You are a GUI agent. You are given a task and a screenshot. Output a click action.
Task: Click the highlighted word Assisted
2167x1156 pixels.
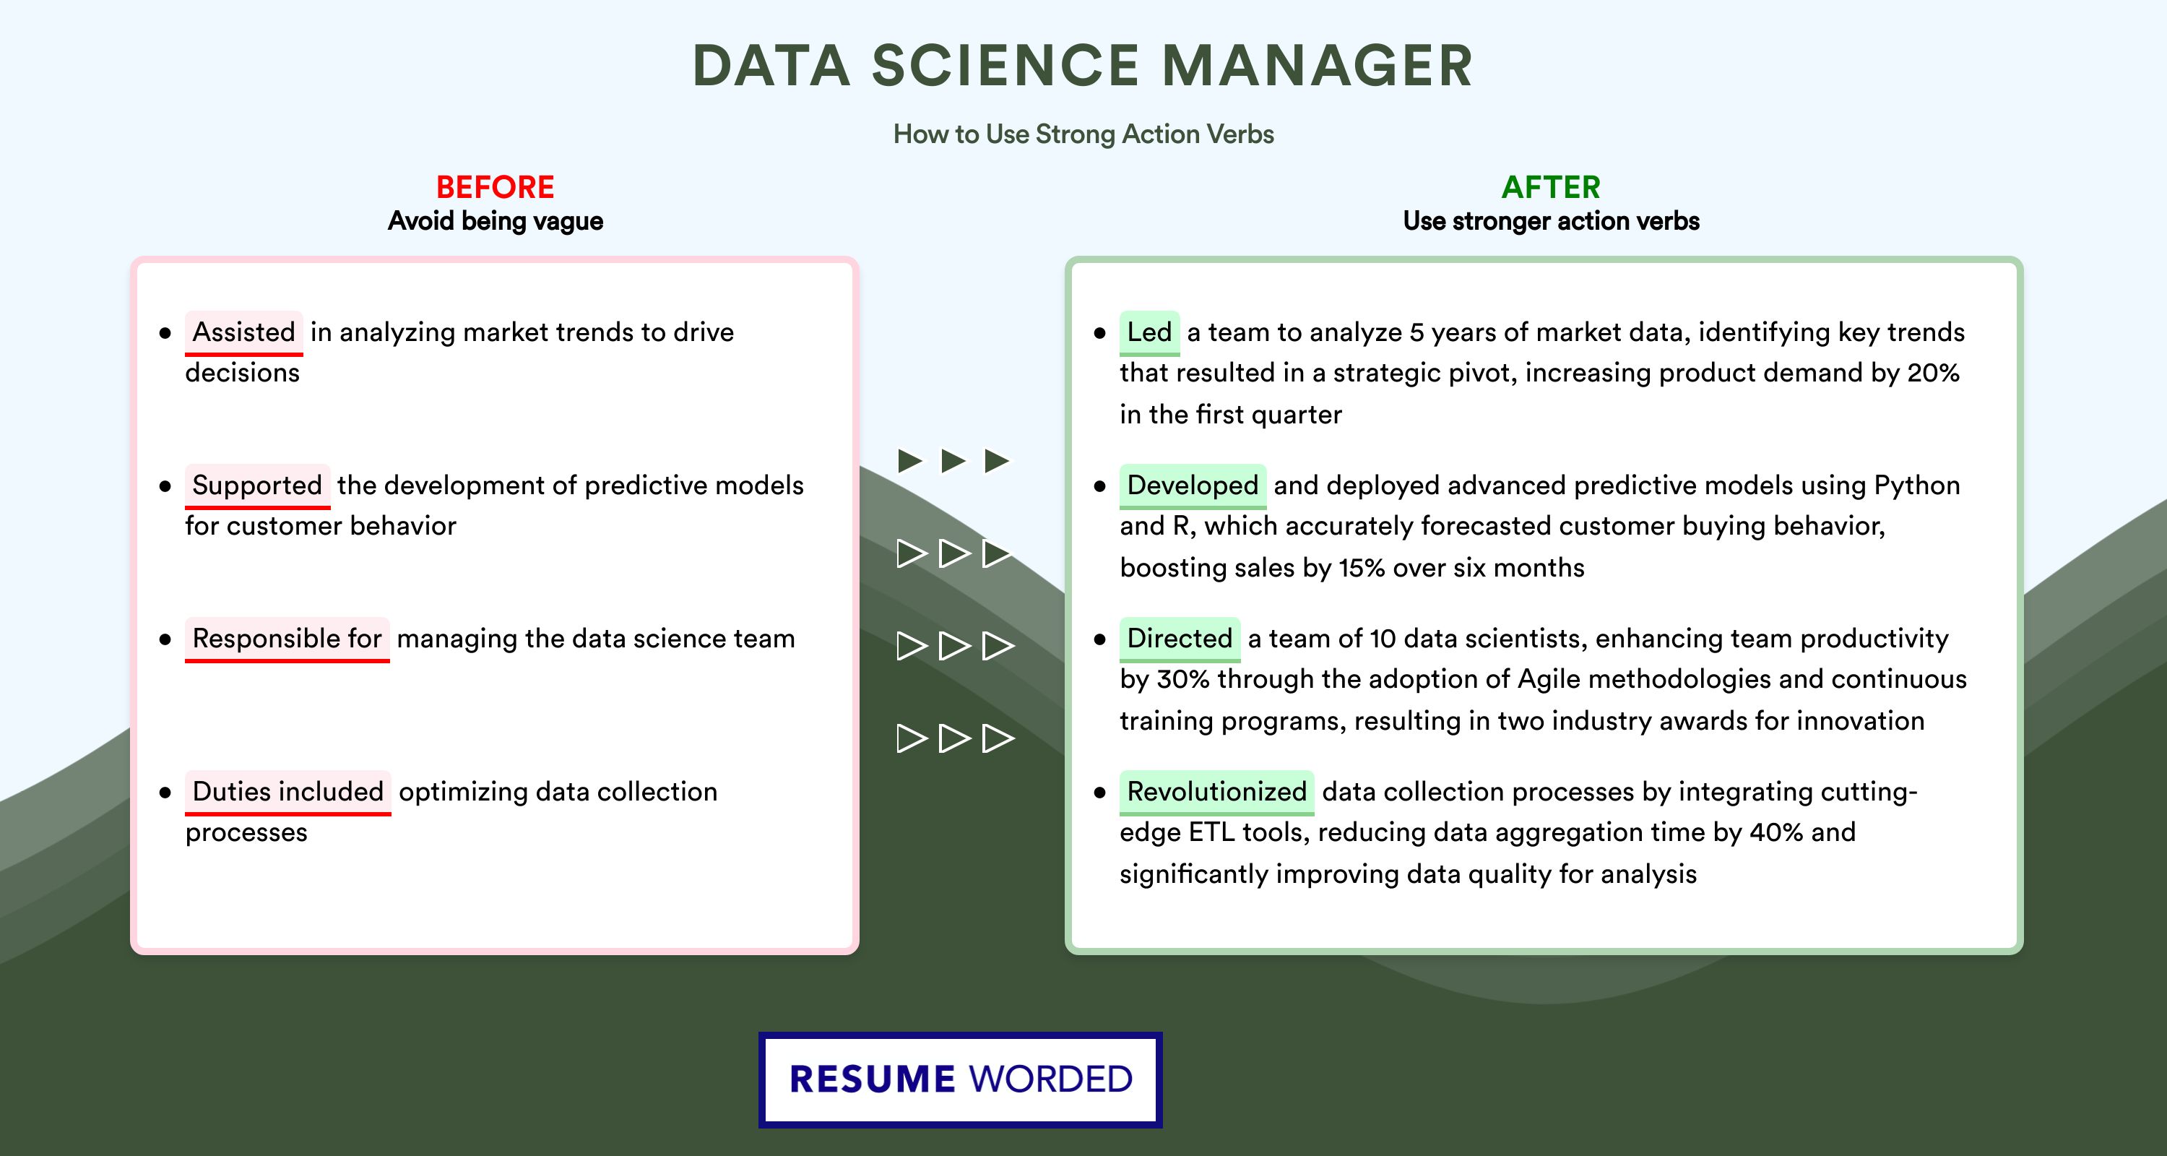244,332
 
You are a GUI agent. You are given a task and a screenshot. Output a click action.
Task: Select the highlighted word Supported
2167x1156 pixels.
257,485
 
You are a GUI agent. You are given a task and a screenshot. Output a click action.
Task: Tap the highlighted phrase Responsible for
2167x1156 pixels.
287,638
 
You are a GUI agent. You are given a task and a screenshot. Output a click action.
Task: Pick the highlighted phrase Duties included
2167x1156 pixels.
287,791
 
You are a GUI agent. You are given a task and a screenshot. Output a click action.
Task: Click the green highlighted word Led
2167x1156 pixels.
1149,332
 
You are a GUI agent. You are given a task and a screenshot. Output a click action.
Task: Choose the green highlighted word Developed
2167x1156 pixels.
1193,485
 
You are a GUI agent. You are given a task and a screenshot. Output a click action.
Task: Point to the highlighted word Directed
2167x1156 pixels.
1180,638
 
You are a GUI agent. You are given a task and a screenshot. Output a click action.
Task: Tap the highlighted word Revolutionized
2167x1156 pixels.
1216,791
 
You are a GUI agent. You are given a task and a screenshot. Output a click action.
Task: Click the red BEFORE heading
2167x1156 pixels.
496,187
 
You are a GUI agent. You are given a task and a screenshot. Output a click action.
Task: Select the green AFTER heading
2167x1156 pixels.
1552,187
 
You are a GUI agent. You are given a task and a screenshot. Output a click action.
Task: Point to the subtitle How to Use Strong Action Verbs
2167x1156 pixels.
1083,134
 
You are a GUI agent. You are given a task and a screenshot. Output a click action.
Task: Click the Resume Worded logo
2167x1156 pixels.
961,1079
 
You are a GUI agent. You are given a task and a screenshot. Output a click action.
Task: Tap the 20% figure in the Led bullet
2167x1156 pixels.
1933,373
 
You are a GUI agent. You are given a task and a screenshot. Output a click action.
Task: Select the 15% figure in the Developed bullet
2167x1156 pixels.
1362,568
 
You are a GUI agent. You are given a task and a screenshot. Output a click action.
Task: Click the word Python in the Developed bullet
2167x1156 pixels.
1917,486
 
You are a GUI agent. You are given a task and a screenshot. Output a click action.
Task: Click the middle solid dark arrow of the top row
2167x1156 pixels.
953,460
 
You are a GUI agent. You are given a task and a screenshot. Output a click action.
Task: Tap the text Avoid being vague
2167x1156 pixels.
496,221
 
